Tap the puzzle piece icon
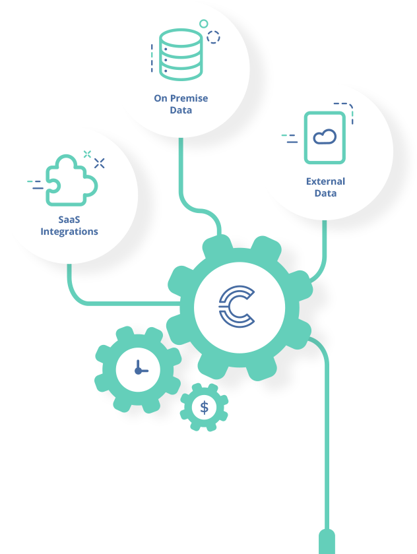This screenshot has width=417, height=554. [x=71, y=176]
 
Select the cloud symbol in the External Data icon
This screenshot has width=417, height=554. [x=325, y=137]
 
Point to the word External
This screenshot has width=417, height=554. [x=325, y=181]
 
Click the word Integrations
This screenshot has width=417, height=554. [x=69, y=231]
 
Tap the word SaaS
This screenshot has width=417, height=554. [x=69, y=220]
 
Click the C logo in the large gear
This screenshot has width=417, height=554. [x=237, y=306]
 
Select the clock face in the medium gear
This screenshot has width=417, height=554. [x=138, y=369]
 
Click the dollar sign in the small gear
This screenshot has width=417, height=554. [x=204, y=408]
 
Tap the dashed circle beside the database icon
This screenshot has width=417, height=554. [x=213, y=37]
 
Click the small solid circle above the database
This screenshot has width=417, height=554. [x=204, y=24]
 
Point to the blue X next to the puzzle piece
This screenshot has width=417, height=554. [x=100, y=163]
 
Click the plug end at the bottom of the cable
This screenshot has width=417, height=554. [x=327, y=541]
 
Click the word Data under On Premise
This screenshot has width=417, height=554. [x=181, y=110]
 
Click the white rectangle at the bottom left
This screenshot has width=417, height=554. [x=124, y=508]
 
